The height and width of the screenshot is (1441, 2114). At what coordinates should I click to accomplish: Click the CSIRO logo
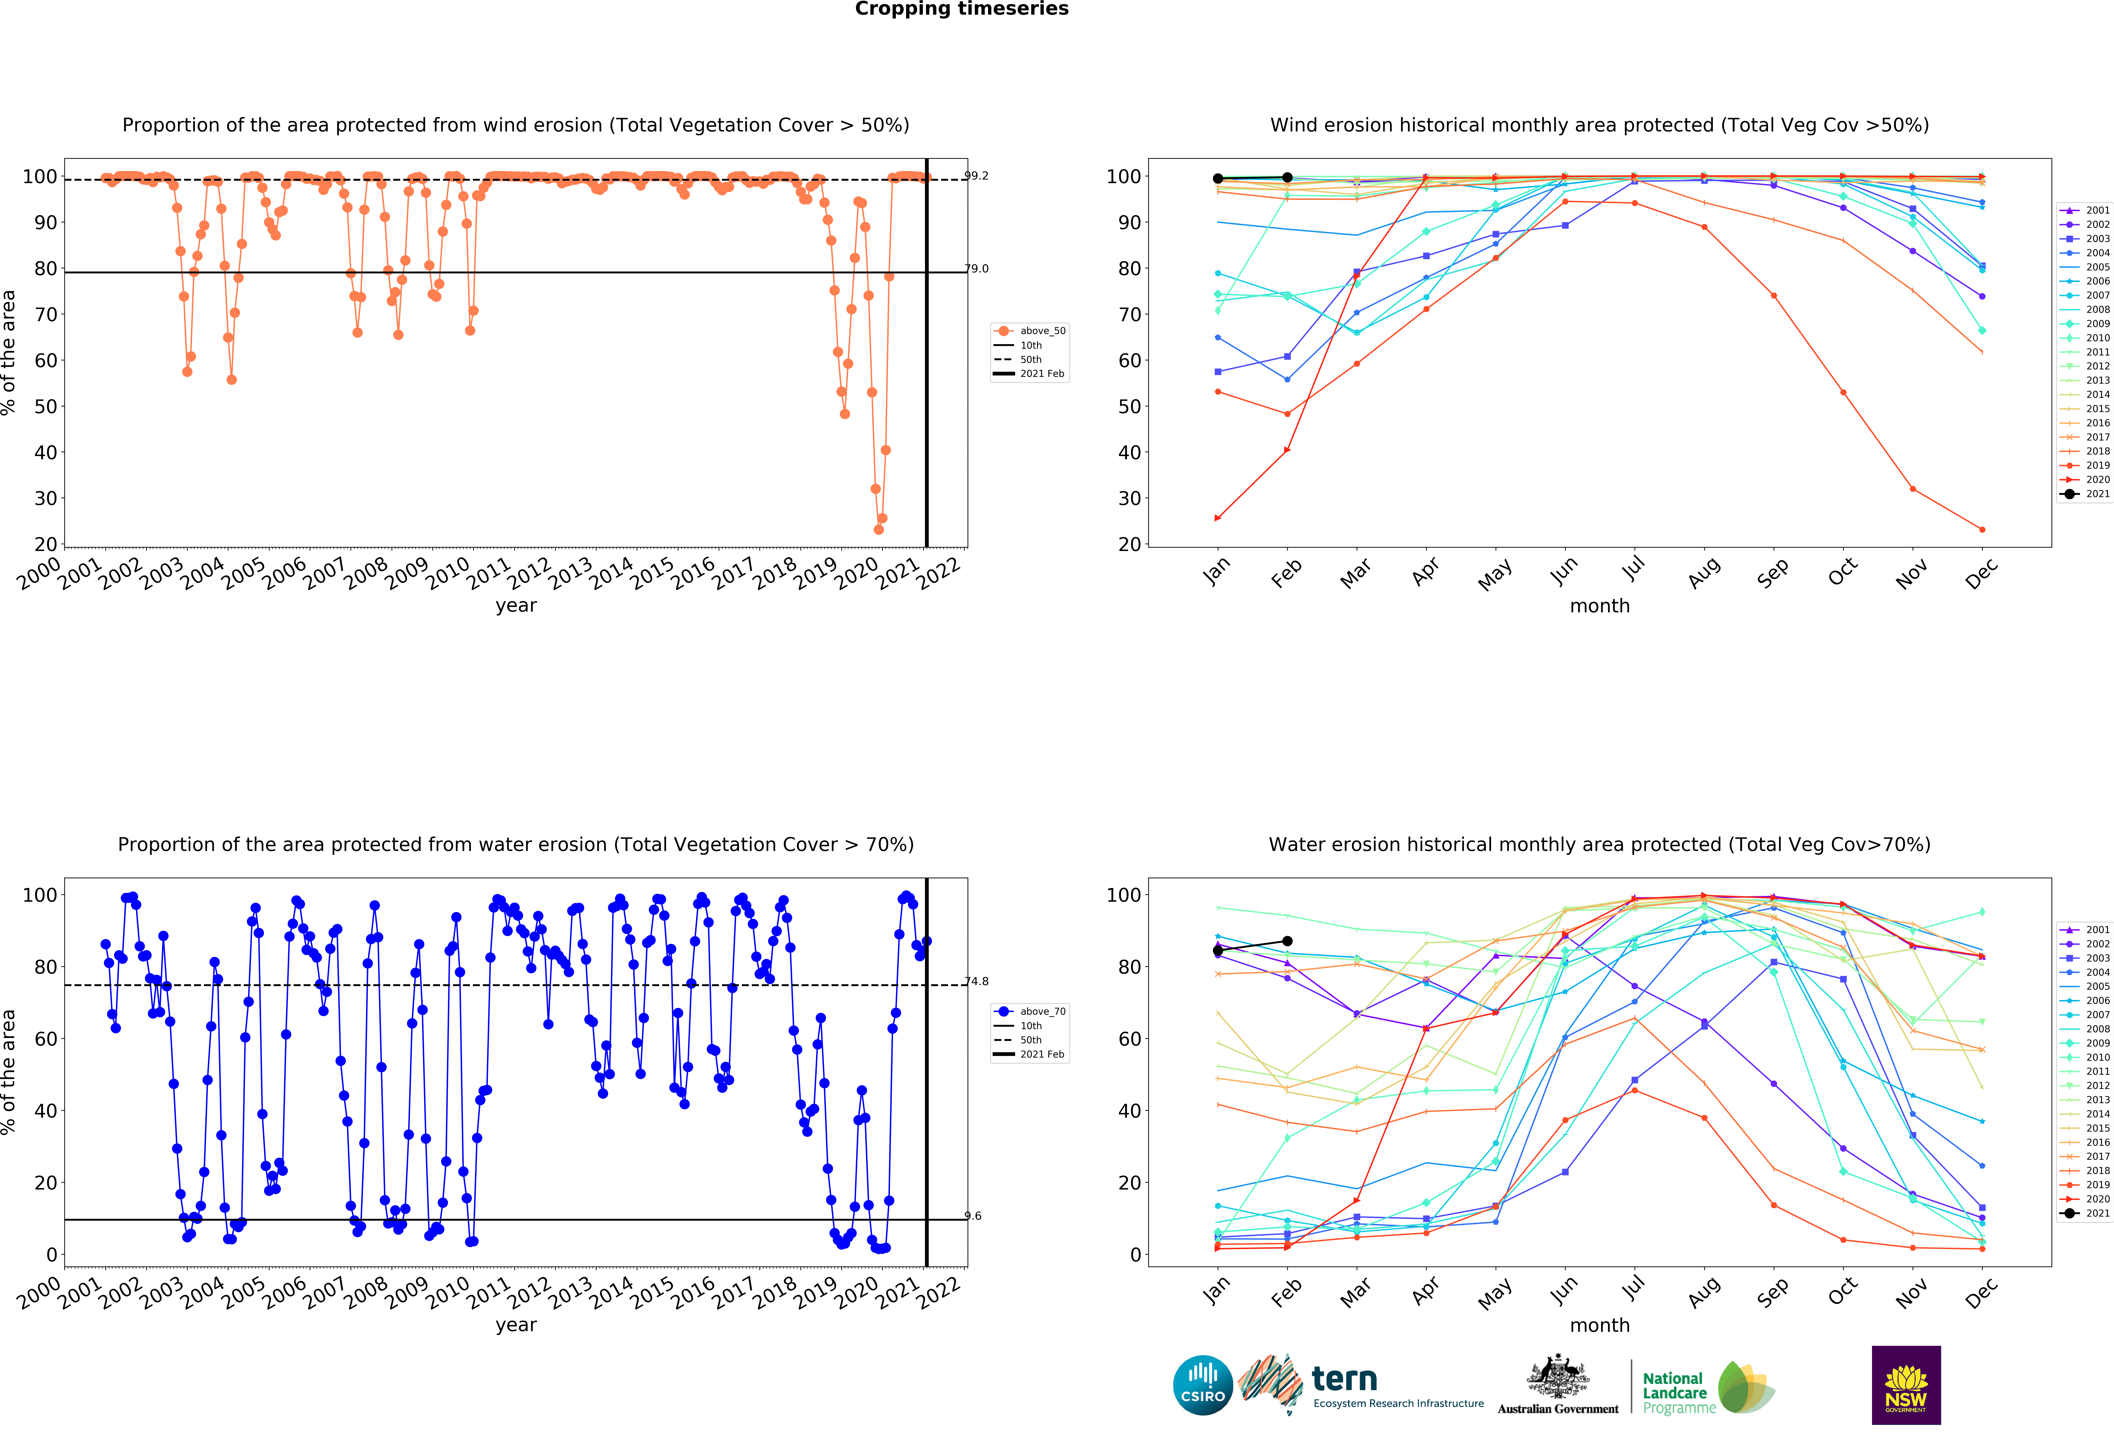pyautogui.click(x=1203, y=1386)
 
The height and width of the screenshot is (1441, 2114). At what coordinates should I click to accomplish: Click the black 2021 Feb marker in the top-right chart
pyautogui.click(x=1287, y=178)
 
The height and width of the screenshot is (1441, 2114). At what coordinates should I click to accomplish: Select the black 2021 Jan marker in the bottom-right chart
pyautogui.click(x=1218, y=951)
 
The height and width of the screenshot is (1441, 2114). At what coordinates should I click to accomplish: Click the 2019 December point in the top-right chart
pyautogui.click(x=1982, y=529)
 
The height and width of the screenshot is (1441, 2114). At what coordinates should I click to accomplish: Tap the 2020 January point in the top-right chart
pyautogui.click(x=1218, y=519)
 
